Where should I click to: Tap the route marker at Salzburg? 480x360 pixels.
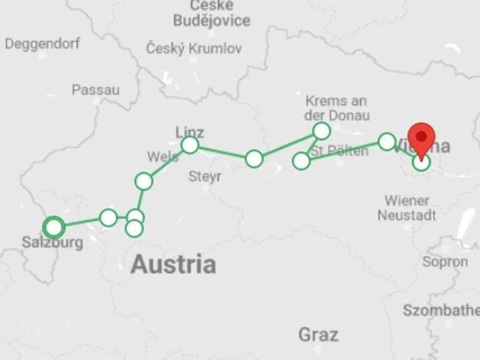click(54, 227)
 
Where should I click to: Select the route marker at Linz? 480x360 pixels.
click(190, 146)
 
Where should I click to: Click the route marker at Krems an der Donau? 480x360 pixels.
click(321, 131)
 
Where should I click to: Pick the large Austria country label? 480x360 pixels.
click(173, 264)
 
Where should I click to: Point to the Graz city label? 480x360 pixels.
click(318, 334)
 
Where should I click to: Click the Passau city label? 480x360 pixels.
click(96, 90)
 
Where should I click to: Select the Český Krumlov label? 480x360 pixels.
click(194, 49)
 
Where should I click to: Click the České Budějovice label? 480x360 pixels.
click(211, 14)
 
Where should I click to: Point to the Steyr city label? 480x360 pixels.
click(205, 177)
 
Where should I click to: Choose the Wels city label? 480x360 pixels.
click(162, 157)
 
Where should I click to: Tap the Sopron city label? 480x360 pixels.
click(445, 262)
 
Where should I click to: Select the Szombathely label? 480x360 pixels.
click(441, 311)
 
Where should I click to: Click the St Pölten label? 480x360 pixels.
click(339, 151)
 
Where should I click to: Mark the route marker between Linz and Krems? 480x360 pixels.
click(254, 159)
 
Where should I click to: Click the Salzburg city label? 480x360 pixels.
click(52, 242)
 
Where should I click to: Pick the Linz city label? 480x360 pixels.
click(190, 132)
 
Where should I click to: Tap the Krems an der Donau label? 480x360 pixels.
click(337, 108)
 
